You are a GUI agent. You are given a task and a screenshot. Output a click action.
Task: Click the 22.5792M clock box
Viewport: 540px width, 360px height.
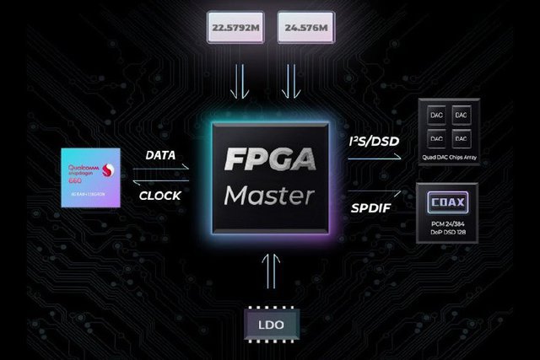click(237, 30)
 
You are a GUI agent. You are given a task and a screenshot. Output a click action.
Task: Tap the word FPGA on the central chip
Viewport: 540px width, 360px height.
click(269, 160)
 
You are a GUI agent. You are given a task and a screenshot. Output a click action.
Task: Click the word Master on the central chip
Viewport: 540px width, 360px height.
click(269, 196)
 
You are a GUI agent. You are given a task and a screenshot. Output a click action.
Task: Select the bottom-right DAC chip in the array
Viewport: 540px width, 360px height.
click(461, 137)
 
